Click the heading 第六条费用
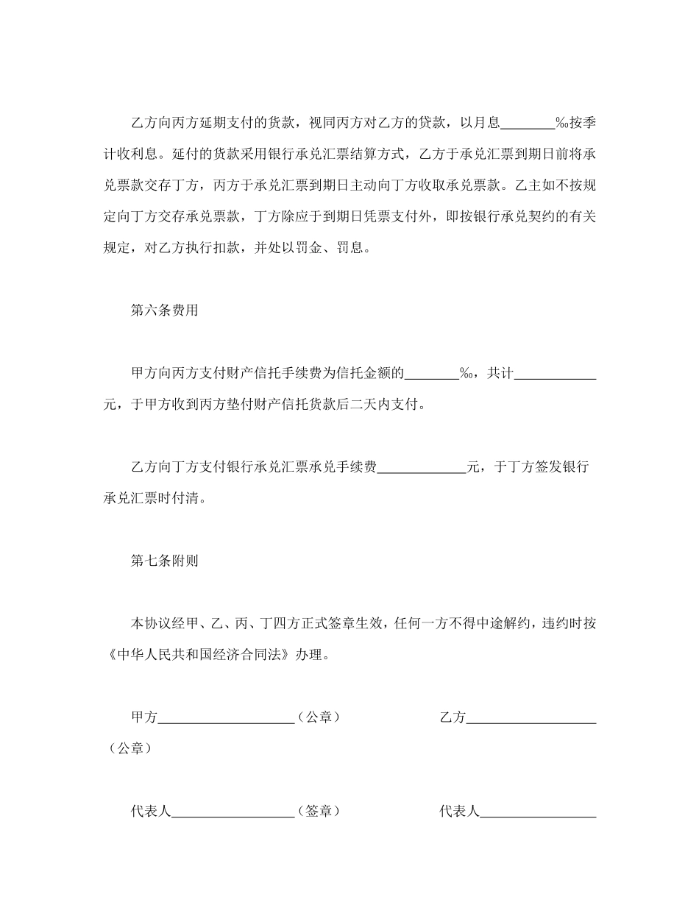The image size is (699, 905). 164,310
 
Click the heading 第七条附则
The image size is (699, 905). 164,561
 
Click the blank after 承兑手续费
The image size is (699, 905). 422,467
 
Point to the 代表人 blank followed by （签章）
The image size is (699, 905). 233,812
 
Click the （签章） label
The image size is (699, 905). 318,812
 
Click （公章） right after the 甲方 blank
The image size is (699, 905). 318,717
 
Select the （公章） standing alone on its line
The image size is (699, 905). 130,748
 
